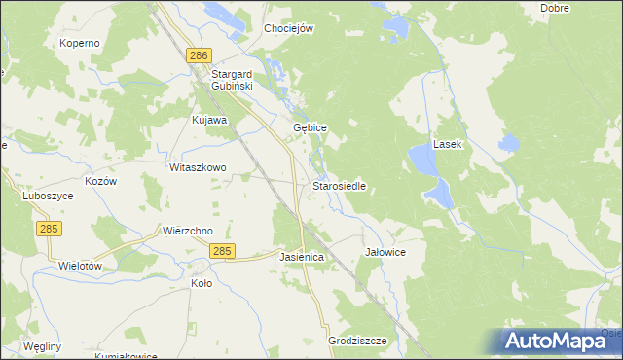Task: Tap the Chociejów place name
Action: pyautogui.click(x=289, y=29)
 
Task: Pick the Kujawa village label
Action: pyautogui.click(x=209, y=120)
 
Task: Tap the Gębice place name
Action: pyautogui.click(x=310, y=127)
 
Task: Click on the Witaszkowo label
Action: pyautogui.click(x=198, y=167)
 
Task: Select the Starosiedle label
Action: pyautogui.click(x=339, y=186)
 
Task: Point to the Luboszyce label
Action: pyautogui.click(x=48, y=195)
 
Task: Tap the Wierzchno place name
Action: pyautogui.click(x=187, y=232)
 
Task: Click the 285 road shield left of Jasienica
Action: pyautogui.click(x=222, y=251)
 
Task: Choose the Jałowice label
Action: pyautogui.click(x=385, y=251)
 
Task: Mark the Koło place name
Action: pyautogui.click(x=202, y=283)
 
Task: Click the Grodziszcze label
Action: pyautogui.click(x=358, y=341)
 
